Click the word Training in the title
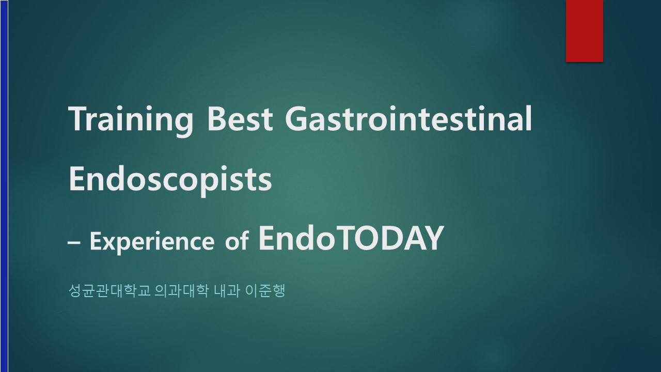131,121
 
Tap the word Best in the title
240,119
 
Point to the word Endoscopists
170,181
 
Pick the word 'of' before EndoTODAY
237,240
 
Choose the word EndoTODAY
351,238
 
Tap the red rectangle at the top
584,31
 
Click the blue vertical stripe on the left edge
4,186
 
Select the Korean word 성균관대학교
109,291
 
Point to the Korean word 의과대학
181,291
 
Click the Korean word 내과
226,291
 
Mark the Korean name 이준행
265,291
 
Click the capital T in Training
78,119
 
